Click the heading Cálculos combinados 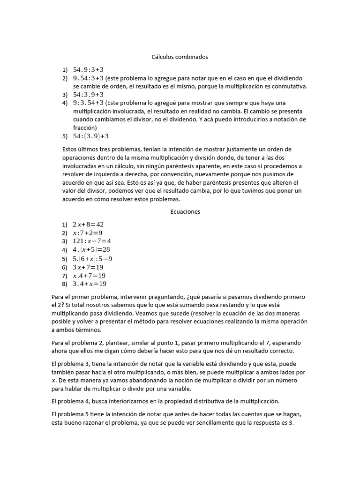pyautogui.click(x=180, y=57)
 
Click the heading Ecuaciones pyautogui.click(x=185, y=211)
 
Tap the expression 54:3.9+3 pyautogui.click(x=88, y=94)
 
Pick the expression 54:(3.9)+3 pyautogui.click(x=90, y=136)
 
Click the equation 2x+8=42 pyautogui.click(x=88, y=225)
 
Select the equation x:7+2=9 pyautogui.click(x=87, y=233)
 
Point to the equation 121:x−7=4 pyautogui.click(x=92, y=241)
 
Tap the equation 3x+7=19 pyautogui.click(x=88, y=267)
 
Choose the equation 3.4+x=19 pyautogui.click(x=90, y=284)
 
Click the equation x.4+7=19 pyautogui.click(x=89, y=275)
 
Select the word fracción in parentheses pyautogui.click(x=84, y=127)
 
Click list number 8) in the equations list pyautogui.click(x=65, y=284)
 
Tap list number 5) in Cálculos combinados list pyautogui.click(x=65, y=136)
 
